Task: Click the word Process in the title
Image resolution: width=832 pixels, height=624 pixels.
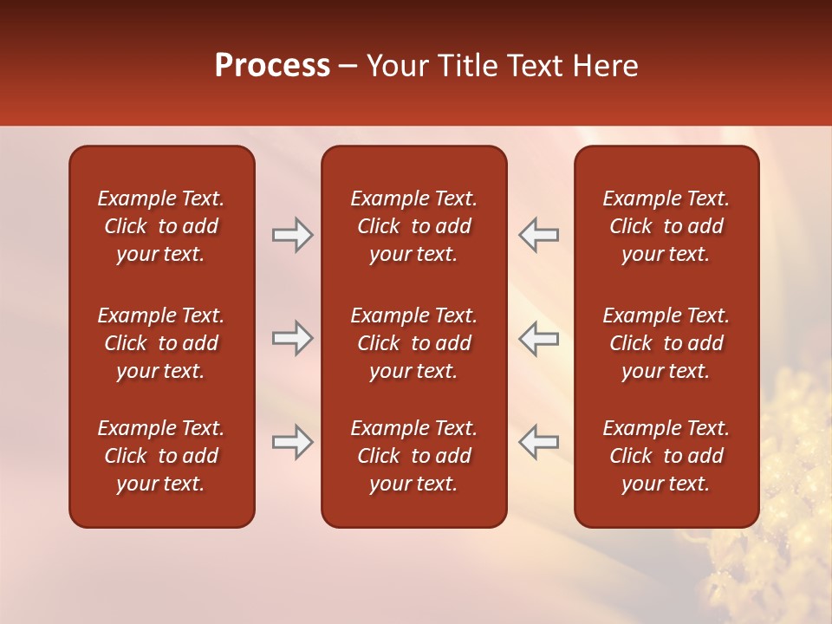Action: (272, 66)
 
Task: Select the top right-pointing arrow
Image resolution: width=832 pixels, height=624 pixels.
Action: (293, 235)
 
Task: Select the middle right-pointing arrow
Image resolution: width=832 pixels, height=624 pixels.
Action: (293, 339)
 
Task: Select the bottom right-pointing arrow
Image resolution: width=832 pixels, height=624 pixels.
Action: (293, 442)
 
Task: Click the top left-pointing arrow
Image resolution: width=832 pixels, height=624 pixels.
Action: (539, 235)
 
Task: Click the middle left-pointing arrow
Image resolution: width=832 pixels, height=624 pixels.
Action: (539, 339)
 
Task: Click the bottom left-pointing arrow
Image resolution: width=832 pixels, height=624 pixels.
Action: (539, 442)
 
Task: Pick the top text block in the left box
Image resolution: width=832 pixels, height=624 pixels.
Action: (161, 226)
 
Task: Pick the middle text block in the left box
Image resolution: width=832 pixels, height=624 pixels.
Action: (161, 343)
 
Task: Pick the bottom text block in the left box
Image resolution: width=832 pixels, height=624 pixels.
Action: (161, 456)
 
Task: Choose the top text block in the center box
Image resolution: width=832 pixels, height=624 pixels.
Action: (413, 226)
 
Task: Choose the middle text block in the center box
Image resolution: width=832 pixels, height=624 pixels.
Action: (413, 343)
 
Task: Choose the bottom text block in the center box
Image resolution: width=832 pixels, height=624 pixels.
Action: (413, 456)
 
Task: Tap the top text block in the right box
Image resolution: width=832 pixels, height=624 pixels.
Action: (666, 226)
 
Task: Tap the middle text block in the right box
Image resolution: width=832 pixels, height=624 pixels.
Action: (666, 343)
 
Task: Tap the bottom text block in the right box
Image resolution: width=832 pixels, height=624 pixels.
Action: (666, 456)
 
